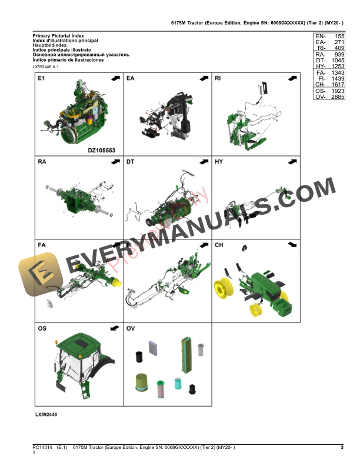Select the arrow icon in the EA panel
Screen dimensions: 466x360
pos(203,78)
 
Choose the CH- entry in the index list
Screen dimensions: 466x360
pos(321,85)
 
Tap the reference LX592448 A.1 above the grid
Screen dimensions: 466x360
pos(46,67)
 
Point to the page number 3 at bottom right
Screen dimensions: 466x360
pos(342,448)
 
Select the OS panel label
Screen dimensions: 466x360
pos(42,328)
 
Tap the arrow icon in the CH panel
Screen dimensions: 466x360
pos(291,244)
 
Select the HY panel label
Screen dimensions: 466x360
pos(219,161)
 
